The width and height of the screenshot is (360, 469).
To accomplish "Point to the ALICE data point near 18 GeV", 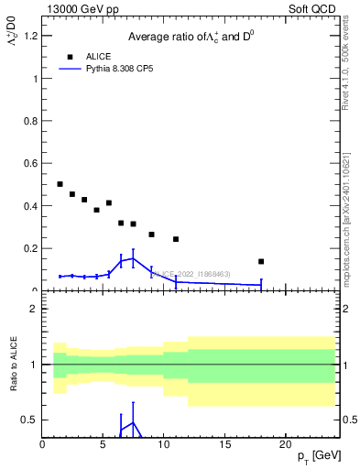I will (261, 261).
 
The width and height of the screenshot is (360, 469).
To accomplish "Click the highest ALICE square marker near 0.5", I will (60, 184).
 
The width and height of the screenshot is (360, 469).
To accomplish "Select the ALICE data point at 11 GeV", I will (176, 239).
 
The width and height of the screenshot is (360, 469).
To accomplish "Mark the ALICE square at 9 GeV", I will (152, 234).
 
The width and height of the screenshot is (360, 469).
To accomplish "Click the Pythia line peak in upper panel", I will (133, 258).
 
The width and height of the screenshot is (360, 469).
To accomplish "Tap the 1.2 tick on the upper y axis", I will (34, 36).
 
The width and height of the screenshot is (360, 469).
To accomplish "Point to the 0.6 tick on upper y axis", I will (34, 163).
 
